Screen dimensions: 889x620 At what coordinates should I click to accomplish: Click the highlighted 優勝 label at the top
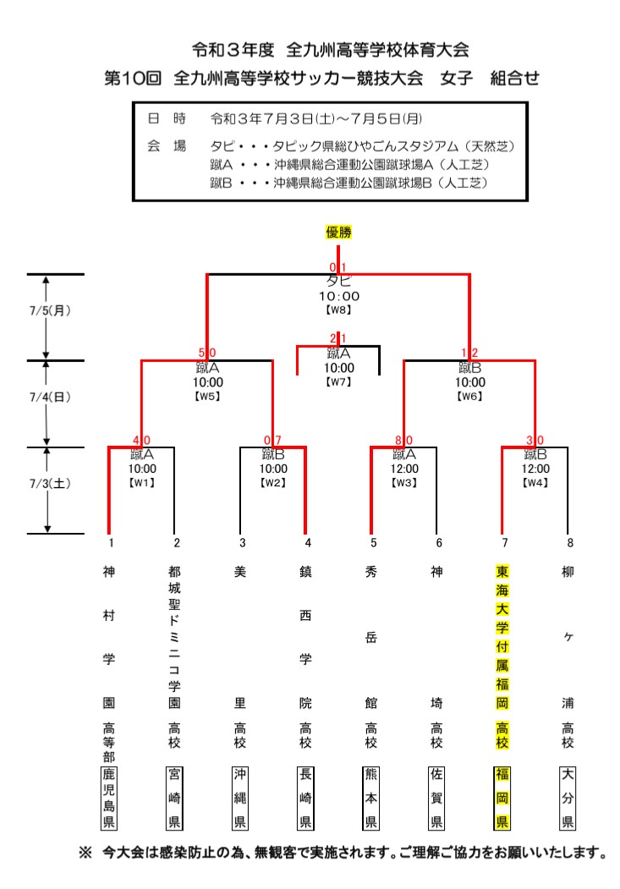click(x=338, y=231)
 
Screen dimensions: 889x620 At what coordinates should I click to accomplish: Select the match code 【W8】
click(x=338, y=310)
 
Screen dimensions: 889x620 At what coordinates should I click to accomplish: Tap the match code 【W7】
click(x=338, y=381)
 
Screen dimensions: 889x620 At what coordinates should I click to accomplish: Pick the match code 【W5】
click(x=207, y=396)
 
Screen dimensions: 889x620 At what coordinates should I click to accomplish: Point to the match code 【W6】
click(x=469, y=396)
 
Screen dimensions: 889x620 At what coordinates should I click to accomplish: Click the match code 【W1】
click(x=142, y=483)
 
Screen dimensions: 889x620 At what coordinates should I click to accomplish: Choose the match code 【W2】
click(x=273, y=483)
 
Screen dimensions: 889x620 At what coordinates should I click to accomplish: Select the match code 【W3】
click(x=403, y=483)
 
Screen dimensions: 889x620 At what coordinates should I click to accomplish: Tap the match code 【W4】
click(x=535, y=483)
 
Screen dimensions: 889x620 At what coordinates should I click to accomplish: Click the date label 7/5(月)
click(x=50, y=310)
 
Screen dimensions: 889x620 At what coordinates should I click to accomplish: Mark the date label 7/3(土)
click(x=50, y=485)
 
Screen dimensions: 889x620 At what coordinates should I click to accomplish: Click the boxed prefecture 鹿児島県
click(x=109, y=798)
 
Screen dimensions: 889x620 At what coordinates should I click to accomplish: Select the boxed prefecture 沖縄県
click(x=240, y=798)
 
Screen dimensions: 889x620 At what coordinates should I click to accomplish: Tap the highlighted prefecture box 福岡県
click(x=502, y=798)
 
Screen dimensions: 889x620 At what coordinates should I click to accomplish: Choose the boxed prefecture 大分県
click(x=568, y=798)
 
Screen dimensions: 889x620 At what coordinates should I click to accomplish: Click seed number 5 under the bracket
click(x=371, y=542)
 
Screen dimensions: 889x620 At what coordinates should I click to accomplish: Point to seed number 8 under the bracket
click(x=568, y=542)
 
